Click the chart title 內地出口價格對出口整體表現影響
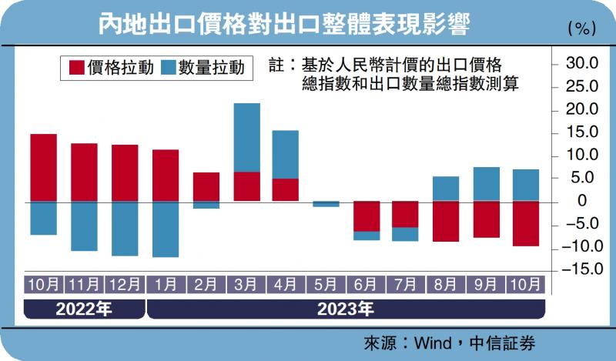pos(285,25)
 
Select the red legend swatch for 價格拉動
pos(76,68)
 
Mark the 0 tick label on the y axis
pos(582,201)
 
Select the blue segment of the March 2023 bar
pos(246,137)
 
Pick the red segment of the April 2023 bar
pos(286,189)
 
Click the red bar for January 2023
pos(166,175)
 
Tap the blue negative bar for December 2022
pos(125,229)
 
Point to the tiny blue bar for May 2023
pos(326,204)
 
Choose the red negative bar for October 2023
pos(526,223)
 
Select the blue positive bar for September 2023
pos(487,184)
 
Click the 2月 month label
pos(206,283)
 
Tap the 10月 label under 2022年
pos(44,283)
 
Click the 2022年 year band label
pos(84,310)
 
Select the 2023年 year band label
pos(345,310)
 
